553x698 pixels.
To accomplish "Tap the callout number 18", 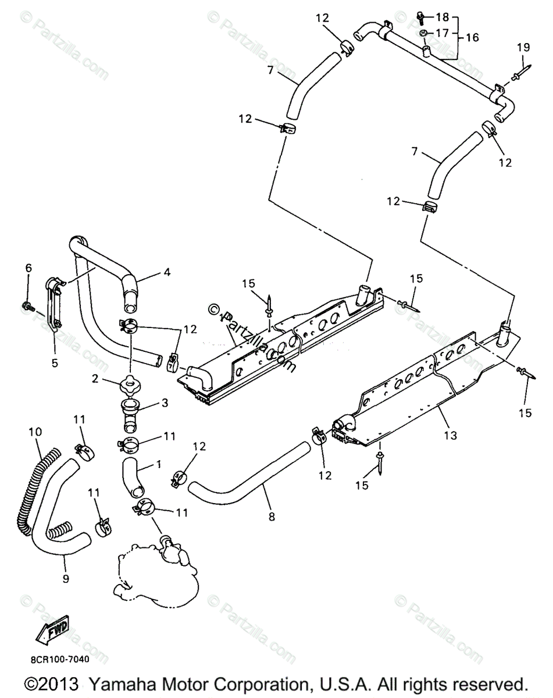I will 443,17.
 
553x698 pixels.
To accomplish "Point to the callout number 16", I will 472,37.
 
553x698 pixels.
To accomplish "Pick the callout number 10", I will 35,432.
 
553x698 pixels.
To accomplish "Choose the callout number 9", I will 66,578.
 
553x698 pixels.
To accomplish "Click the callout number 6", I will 28,268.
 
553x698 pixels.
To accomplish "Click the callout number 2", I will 94,379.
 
